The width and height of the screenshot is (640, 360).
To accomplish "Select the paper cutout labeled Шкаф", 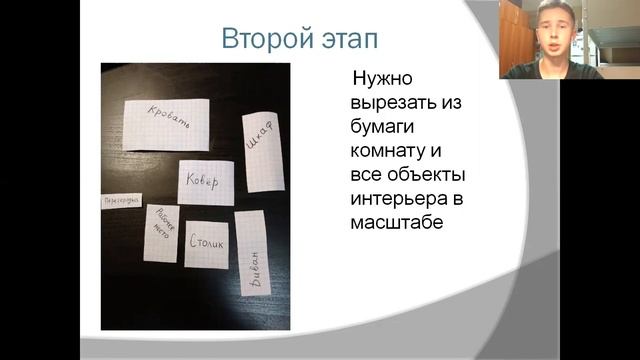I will click(258, 146).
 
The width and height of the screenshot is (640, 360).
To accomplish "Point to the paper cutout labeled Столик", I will click(206, 240).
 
